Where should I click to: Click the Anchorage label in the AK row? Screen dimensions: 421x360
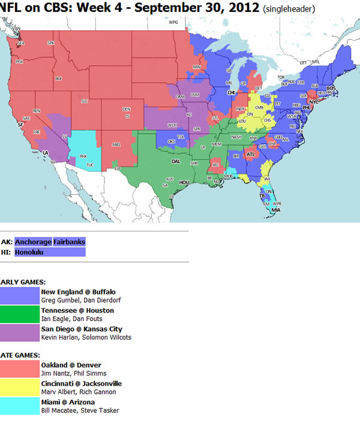click(x=33, y=242)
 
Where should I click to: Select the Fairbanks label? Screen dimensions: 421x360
click(x=69, y=242)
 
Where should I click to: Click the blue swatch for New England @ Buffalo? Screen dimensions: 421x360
click(x=19, y=296)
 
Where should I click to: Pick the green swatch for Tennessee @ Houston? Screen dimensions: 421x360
click(x=19, y=315)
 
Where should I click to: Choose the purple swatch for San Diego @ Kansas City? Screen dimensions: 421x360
click(x=19, y=333)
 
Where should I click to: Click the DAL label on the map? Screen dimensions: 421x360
click(x=176, y=161)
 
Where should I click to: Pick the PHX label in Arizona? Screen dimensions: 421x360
click(x=83, y=155)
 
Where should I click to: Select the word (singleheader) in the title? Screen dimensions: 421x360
click(x=288, y=10)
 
